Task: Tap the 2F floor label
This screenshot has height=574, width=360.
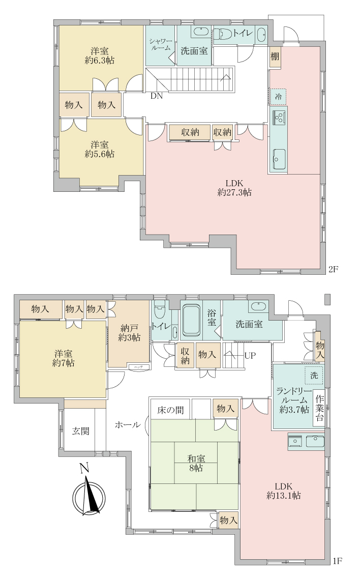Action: coord(333,269)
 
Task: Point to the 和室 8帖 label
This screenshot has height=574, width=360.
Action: coord(194,463)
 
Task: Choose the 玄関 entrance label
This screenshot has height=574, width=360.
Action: coord(80,431)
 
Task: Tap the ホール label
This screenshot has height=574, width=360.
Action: coord(128,424)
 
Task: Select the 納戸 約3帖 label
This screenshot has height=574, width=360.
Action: coord(128,333)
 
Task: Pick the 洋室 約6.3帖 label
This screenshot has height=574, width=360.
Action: coord(99,55)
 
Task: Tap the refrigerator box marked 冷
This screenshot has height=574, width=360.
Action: coord(278,96)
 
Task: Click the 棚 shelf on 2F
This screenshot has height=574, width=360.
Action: coord(275,57)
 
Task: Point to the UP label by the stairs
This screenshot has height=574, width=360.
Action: coord(250,355)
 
